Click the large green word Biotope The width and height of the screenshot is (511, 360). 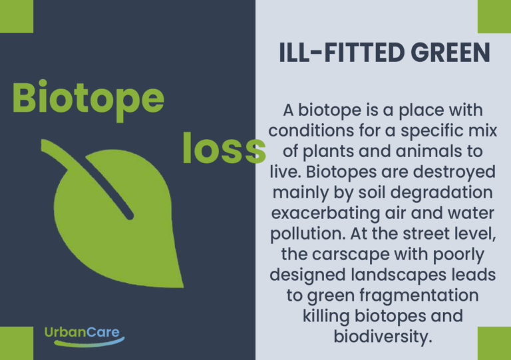coord(88,99)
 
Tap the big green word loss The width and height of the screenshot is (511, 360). coord(224,148)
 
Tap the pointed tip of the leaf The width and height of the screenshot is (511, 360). coord(182,287)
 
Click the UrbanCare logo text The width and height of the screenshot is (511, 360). coord(82,332)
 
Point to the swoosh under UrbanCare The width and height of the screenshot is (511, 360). coord(89,343)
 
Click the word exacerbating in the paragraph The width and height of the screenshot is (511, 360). coord(325,214)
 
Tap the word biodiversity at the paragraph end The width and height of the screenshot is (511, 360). coord(383,337)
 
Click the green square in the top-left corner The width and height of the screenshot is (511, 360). coord(17,16)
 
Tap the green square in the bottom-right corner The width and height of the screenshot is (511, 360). coord(494,343)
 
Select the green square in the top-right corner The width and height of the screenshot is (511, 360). coord(494,16)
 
